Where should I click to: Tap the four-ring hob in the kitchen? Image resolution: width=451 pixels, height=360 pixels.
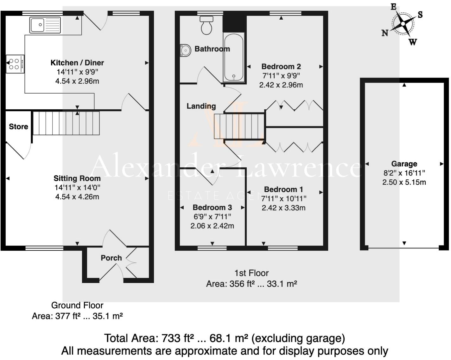pos(15,64)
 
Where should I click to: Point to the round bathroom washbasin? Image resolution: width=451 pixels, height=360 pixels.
pos(185,50)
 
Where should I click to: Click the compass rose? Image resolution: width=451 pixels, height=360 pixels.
pos(403,24)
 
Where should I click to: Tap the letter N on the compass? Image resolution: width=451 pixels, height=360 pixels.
pos(385,33)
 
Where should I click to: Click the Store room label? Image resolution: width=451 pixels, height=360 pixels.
pos(18,127)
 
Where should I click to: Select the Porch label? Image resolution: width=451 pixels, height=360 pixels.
pos(111,258)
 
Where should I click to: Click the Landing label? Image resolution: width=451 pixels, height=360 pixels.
pos(201,106)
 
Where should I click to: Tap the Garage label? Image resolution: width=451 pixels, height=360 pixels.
pos(404,164)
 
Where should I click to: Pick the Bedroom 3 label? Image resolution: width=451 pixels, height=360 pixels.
pos(212,208)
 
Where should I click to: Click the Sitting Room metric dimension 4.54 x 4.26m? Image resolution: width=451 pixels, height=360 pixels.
pos(77,197)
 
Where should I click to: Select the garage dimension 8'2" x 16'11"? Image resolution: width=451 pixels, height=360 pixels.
pos(404,173)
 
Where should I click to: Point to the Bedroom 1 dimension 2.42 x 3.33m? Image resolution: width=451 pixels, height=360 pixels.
pos(283,208)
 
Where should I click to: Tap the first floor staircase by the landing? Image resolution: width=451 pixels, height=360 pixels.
pos(239,126)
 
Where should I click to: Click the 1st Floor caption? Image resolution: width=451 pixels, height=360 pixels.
pos(251,273)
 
